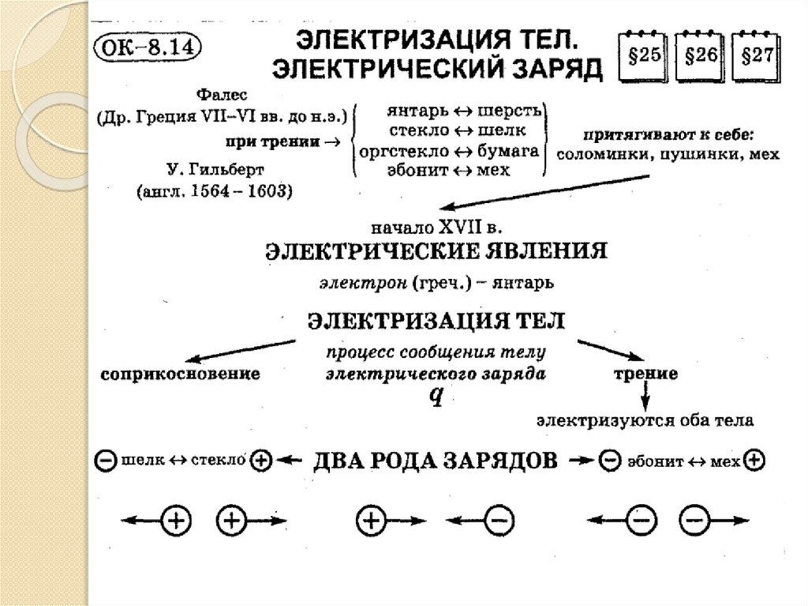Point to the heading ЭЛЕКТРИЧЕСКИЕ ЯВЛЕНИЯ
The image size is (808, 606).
click(435, 253)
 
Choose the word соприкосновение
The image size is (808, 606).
click(181, 374)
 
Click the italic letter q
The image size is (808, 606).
click(434, 396)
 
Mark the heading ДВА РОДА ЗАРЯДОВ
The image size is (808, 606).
click(436, 460)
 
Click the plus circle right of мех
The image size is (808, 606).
click(754, 460)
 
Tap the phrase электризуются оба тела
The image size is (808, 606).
click(645, 421)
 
